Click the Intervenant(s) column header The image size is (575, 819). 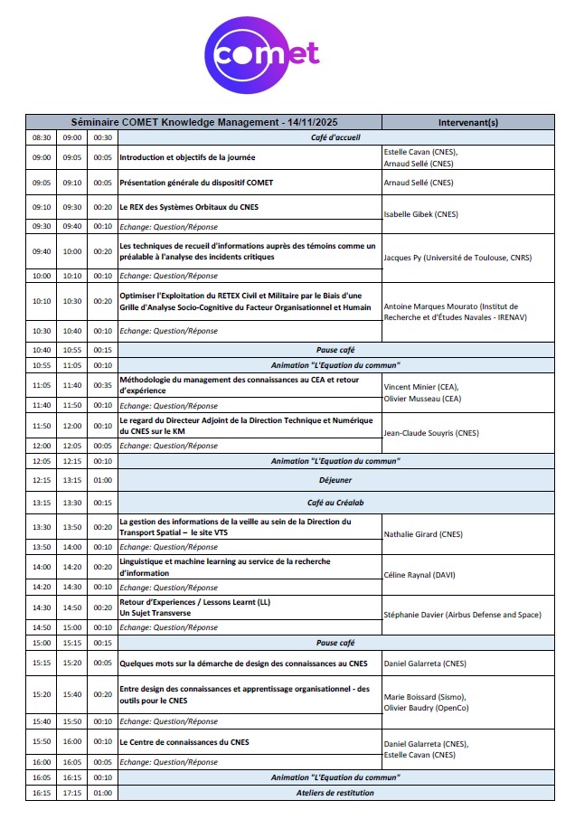click(467, 122)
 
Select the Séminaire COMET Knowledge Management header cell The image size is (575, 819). click(203, 122)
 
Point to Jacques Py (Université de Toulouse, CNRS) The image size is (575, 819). click(457, 258)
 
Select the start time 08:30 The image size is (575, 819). click(42, 137)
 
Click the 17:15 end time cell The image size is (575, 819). click(72, 793)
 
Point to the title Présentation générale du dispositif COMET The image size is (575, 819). click(196, 183)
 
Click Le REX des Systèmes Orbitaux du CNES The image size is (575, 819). click(189, 207)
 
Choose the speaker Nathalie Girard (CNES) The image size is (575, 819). click(423, 534)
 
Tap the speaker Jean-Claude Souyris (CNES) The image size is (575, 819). click(431, 433)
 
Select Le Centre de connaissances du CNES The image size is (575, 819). click(184, 742)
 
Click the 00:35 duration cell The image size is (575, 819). click(103, 385)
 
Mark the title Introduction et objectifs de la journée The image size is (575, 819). click(187, 157)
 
